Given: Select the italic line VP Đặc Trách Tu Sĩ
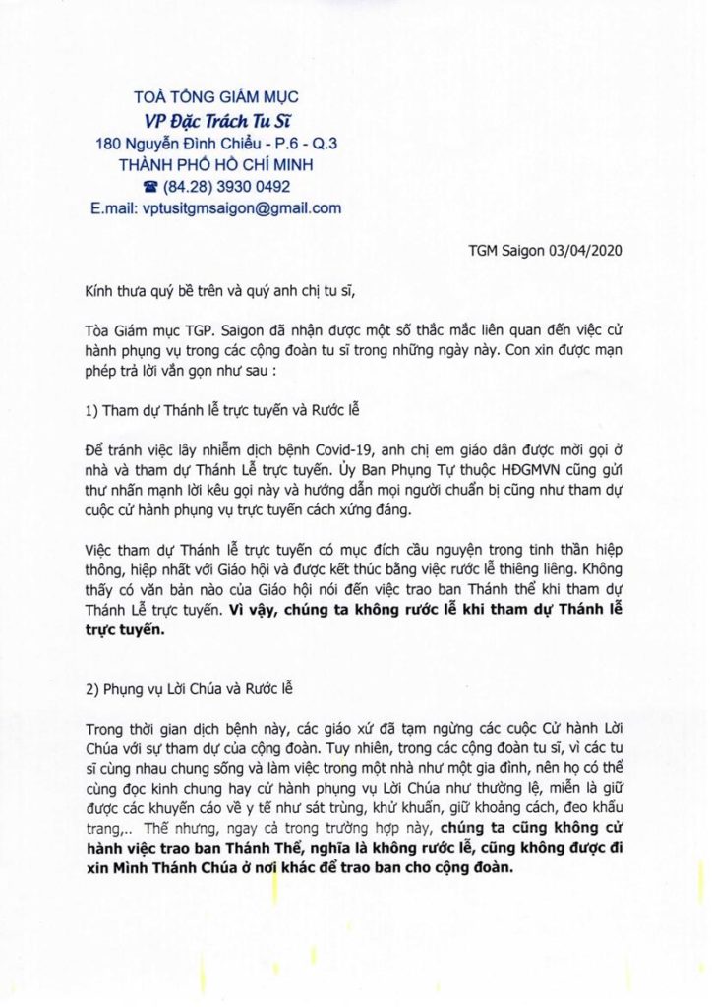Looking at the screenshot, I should pyautogui.click(x=215, y=120).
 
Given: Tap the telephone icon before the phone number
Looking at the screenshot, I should pyautogui.click(x=150, y=187).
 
